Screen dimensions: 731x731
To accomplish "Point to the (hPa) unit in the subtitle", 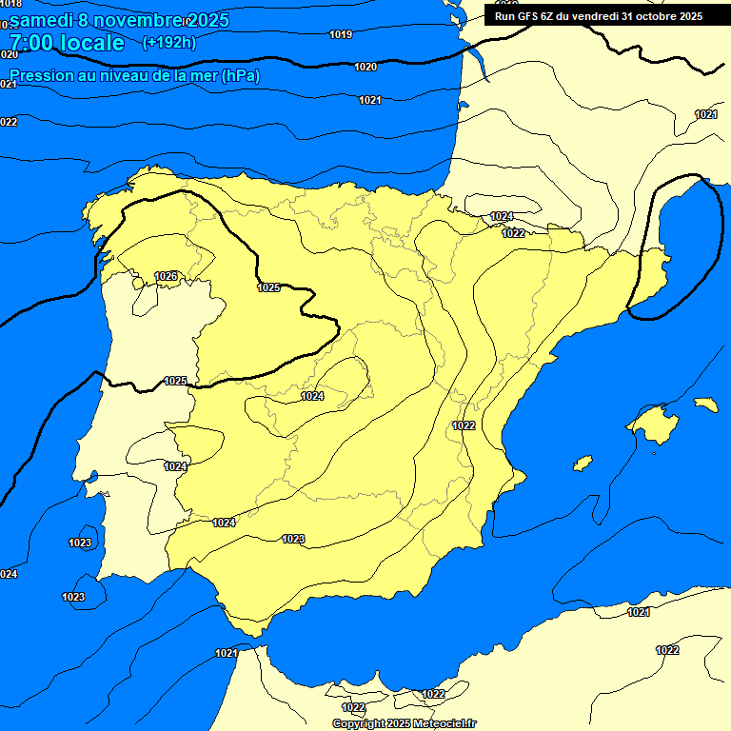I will pos(240,75).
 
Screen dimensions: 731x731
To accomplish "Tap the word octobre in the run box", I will pos(649,15).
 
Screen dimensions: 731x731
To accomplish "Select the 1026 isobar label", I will pos(166,276).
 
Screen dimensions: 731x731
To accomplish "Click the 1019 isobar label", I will pos(341,35).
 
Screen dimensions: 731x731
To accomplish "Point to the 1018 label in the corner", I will pos(10,4).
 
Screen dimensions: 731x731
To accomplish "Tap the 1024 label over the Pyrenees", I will pos(502,217).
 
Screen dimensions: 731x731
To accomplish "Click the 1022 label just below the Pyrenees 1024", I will pos(513,233).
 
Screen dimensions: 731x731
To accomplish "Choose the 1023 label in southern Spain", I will pos(293,540).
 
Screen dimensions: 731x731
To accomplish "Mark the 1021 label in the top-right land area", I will pos(705,114).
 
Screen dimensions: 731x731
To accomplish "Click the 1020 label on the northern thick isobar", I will pos(365,67).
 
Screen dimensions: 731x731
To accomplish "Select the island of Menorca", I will pos(706,405).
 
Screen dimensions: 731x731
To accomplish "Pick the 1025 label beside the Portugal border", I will pos(175,381).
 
